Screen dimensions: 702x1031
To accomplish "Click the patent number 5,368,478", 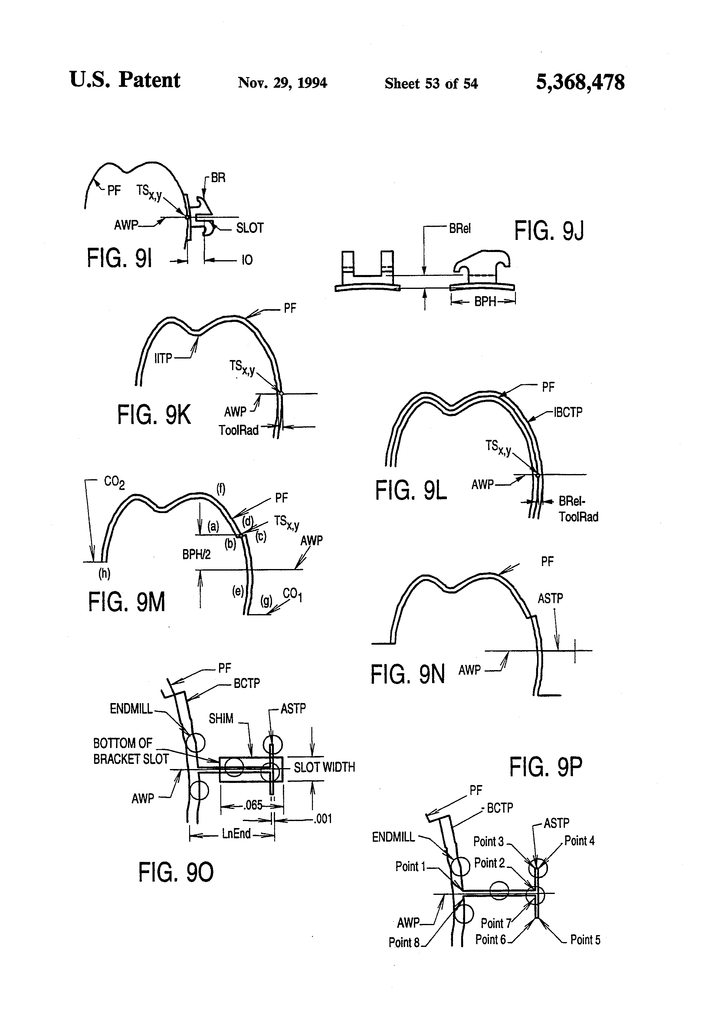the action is point(580,83).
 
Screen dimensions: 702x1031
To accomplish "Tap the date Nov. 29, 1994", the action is point(283,83).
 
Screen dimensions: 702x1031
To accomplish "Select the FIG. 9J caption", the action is point(549,231).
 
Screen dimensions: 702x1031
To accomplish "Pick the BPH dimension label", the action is point(485,302).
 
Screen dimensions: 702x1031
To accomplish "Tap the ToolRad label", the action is point(238,430).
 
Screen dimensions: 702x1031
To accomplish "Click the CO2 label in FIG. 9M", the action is point(114,482).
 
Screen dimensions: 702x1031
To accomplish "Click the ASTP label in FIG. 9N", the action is point(550,598).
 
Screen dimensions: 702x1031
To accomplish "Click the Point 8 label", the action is point(404,942).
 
